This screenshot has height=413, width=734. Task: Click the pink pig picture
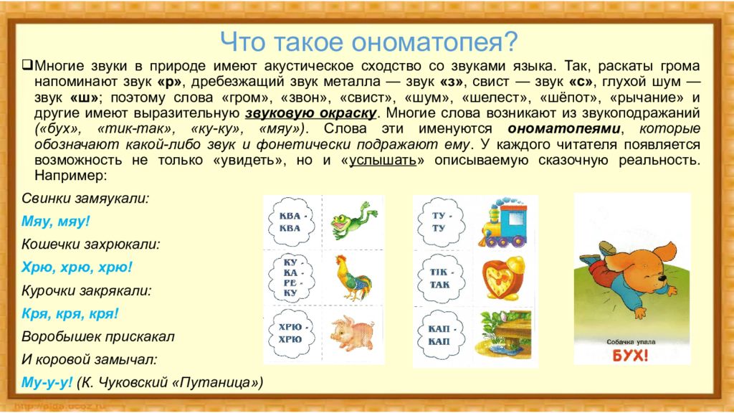click(351, 332)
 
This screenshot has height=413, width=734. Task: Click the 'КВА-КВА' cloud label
click(290, 221)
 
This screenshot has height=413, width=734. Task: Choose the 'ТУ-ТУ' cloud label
click(439, 221)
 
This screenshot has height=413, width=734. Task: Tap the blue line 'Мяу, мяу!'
click(56, 221)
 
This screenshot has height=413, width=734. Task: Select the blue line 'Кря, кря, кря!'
click(70, 313)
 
